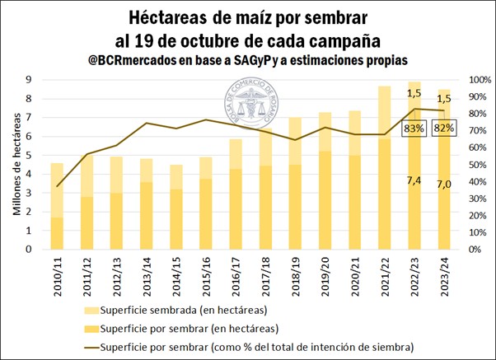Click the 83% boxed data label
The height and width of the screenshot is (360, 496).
(414, 129)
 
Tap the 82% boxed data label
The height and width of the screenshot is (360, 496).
(443, 129)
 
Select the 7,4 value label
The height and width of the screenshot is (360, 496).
(414, 180)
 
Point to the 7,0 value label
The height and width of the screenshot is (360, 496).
(444, 184)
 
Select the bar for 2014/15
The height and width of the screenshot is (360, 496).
(175, 206)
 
